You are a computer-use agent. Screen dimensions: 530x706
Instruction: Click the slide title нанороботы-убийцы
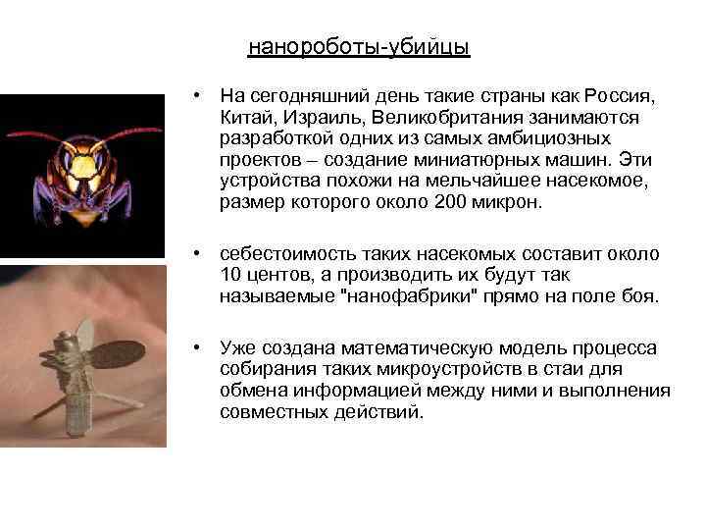(359, 47)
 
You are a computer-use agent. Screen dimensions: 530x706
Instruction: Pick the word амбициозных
(547, 138)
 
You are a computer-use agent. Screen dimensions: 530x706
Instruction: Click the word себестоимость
(288, 253)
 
